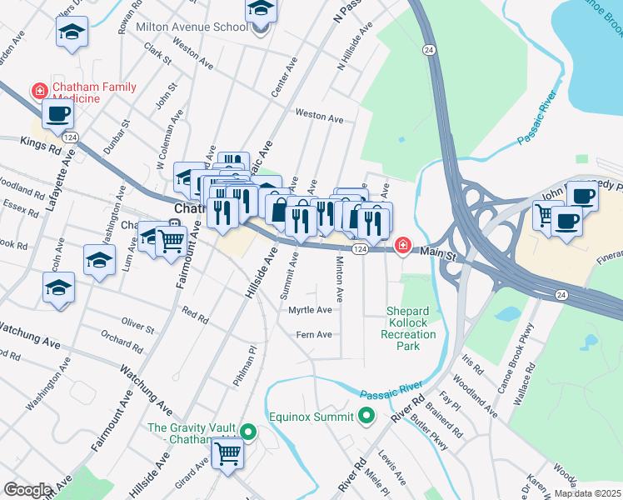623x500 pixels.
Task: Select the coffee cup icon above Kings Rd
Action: click(57, 114)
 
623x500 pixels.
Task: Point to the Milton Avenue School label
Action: click(192, 27)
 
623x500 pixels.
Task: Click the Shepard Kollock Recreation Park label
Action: click(411, 328)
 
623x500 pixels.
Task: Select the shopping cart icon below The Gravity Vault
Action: click(227, 454)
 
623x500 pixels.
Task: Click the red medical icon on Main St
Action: click(403, 245)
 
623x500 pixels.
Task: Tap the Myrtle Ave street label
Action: click(310, 310)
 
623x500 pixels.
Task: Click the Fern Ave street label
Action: click(314, 335)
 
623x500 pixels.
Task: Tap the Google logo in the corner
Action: click(27, 490)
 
